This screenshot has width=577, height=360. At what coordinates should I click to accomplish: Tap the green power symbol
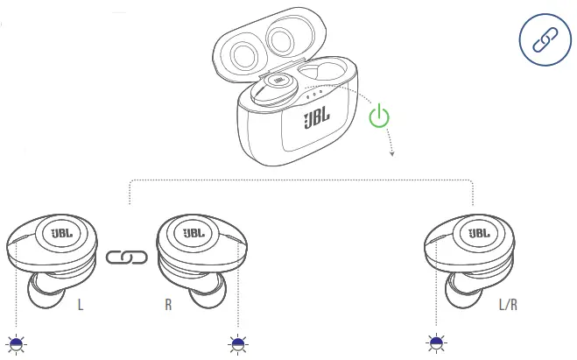pos(378,116)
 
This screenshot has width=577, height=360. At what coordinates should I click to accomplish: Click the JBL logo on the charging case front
pos(316,120)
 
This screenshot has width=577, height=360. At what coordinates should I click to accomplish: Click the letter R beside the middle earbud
pos(167,307)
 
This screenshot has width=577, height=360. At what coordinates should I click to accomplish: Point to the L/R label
pos(509,307)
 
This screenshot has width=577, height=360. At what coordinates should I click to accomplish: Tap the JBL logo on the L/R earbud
pos(479,234)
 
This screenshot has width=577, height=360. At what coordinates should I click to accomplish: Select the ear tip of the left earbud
pos(42,293)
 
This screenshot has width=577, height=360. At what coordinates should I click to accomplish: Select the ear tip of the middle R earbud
pos(209,291)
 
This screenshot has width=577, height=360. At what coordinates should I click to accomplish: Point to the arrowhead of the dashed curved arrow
pos(391,153)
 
